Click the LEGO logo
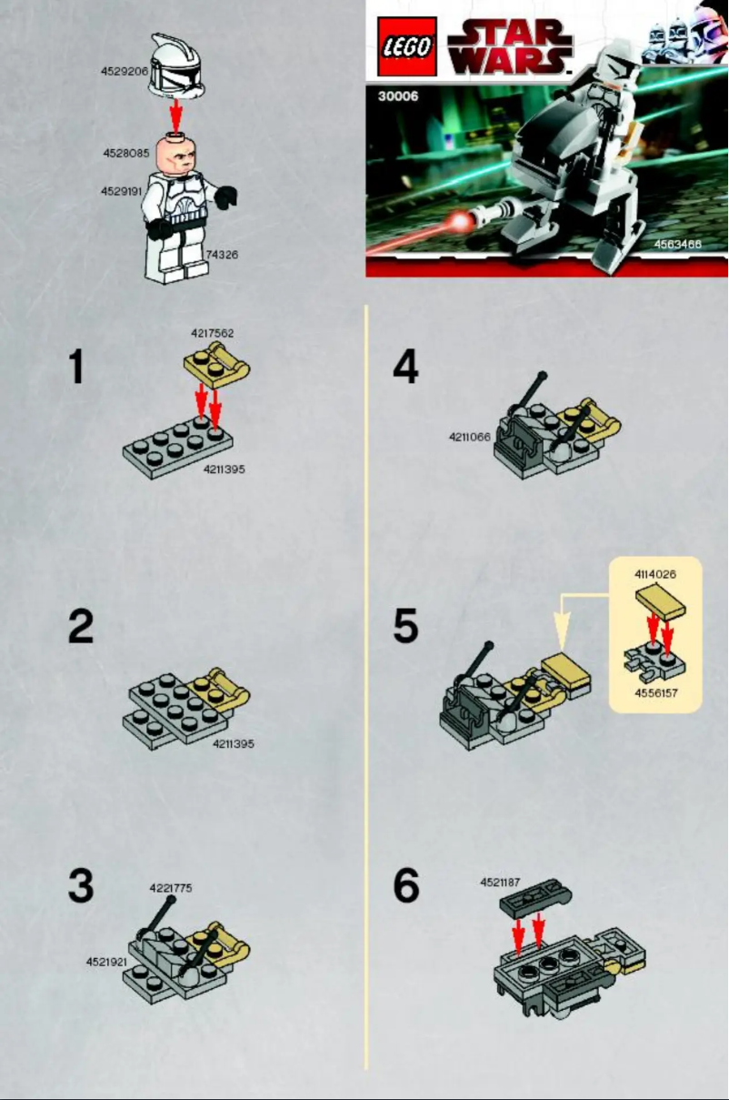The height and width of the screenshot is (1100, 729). point(407,45)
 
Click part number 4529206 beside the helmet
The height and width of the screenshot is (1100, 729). point(125,70)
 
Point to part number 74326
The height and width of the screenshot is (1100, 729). point(222,255)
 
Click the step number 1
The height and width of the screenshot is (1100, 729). point(76,368)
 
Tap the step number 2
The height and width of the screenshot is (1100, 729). point(80,627)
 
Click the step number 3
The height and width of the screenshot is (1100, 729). point(80,885)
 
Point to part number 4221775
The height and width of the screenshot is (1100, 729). point(171,887)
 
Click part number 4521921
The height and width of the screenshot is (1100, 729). point(106,962)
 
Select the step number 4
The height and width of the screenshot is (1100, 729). point(405,368)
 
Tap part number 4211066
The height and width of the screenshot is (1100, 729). point(469,437)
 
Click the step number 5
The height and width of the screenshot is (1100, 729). point(405,627)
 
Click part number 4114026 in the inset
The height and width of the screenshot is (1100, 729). point(654,574)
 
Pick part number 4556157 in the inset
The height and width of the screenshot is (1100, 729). point(656,692)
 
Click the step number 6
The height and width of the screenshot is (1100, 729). point(405,885)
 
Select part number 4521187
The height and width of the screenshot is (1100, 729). point(501,882)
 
